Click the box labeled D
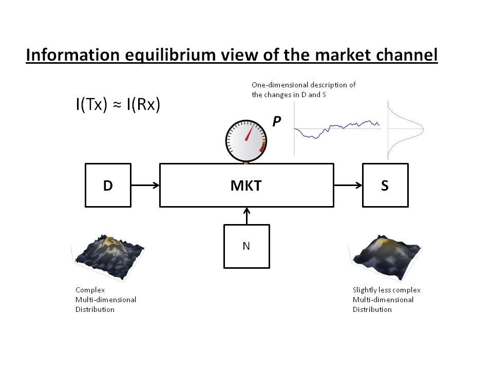point(108,185)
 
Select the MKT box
point(246,185)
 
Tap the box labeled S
point(385,185)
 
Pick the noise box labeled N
point(246,246)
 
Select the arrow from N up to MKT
point(246,216)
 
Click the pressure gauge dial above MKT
point(246,139)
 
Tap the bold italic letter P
point(277,121)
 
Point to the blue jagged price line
point(336,127)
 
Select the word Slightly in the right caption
point(365,290)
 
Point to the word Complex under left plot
point(90,290)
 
